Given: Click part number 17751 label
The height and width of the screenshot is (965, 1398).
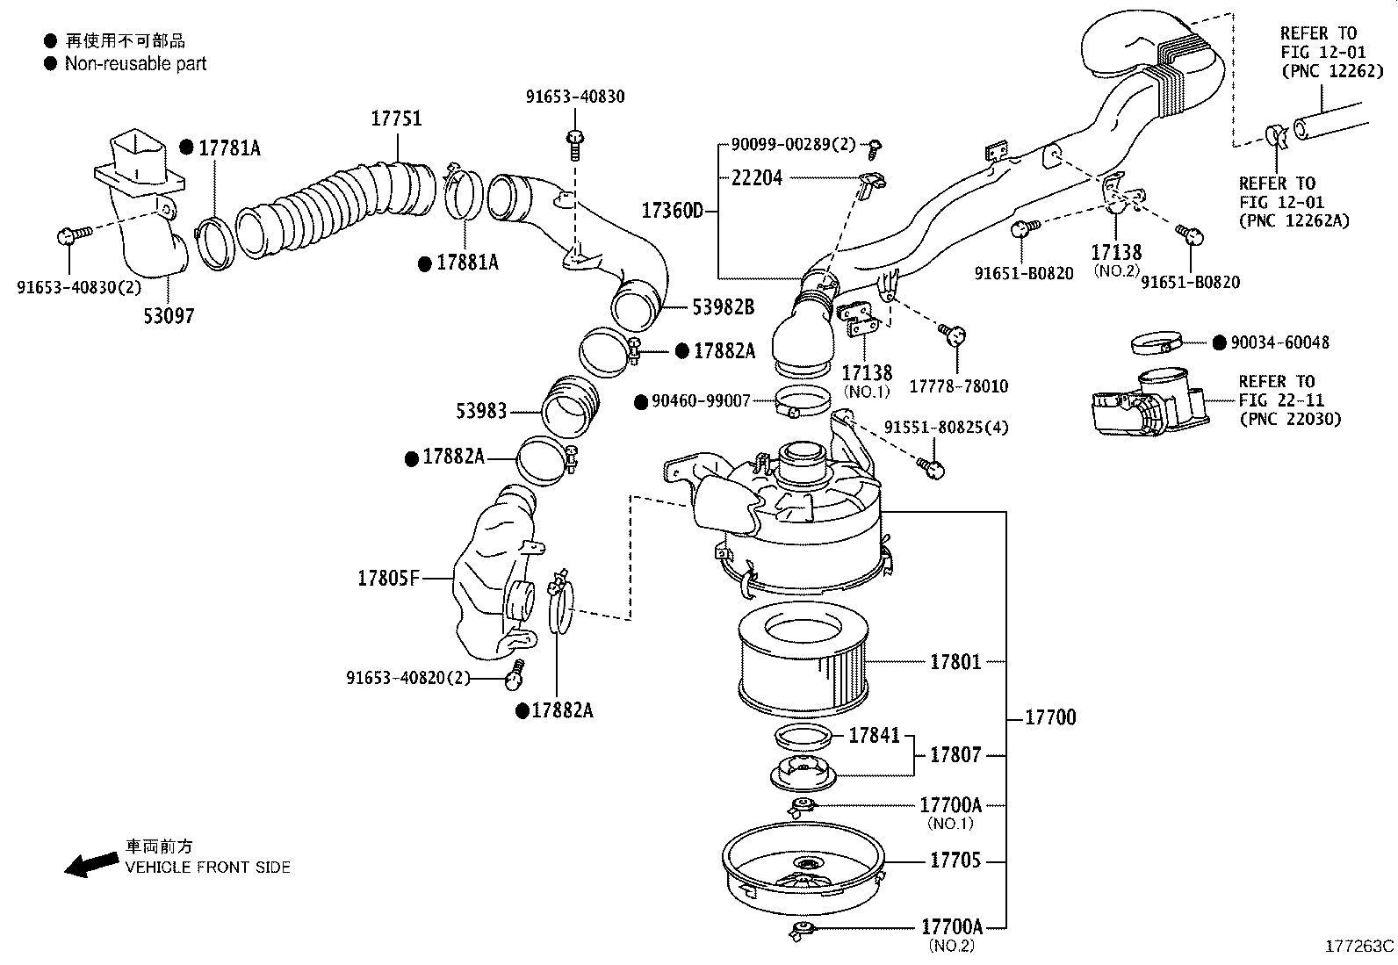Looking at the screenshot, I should point(396,119).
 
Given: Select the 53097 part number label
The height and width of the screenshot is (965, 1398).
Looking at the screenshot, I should point(169,315).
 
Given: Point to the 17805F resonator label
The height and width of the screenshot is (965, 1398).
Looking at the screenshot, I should point(389,578).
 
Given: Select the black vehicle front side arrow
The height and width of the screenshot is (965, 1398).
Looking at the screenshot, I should point(90,865).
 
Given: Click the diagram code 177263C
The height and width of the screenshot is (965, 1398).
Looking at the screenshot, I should point(1359,947).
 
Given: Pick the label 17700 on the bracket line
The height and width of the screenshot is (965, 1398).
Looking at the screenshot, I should point(1050,718).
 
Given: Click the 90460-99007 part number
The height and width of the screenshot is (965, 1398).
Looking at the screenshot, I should point(701,401).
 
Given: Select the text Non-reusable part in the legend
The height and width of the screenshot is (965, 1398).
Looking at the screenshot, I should point(135,63).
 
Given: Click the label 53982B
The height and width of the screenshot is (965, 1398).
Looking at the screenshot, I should point(723,306).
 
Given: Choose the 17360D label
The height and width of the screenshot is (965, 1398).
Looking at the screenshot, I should point(672,211).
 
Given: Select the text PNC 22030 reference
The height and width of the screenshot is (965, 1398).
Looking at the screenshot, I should point(1290,420).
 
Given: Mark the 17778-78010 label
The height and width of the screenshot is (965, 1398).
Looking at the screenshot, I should point(958,386).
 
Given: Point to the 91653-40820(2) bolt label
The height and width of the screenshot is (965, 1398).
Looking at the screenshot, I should point(408,677).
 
